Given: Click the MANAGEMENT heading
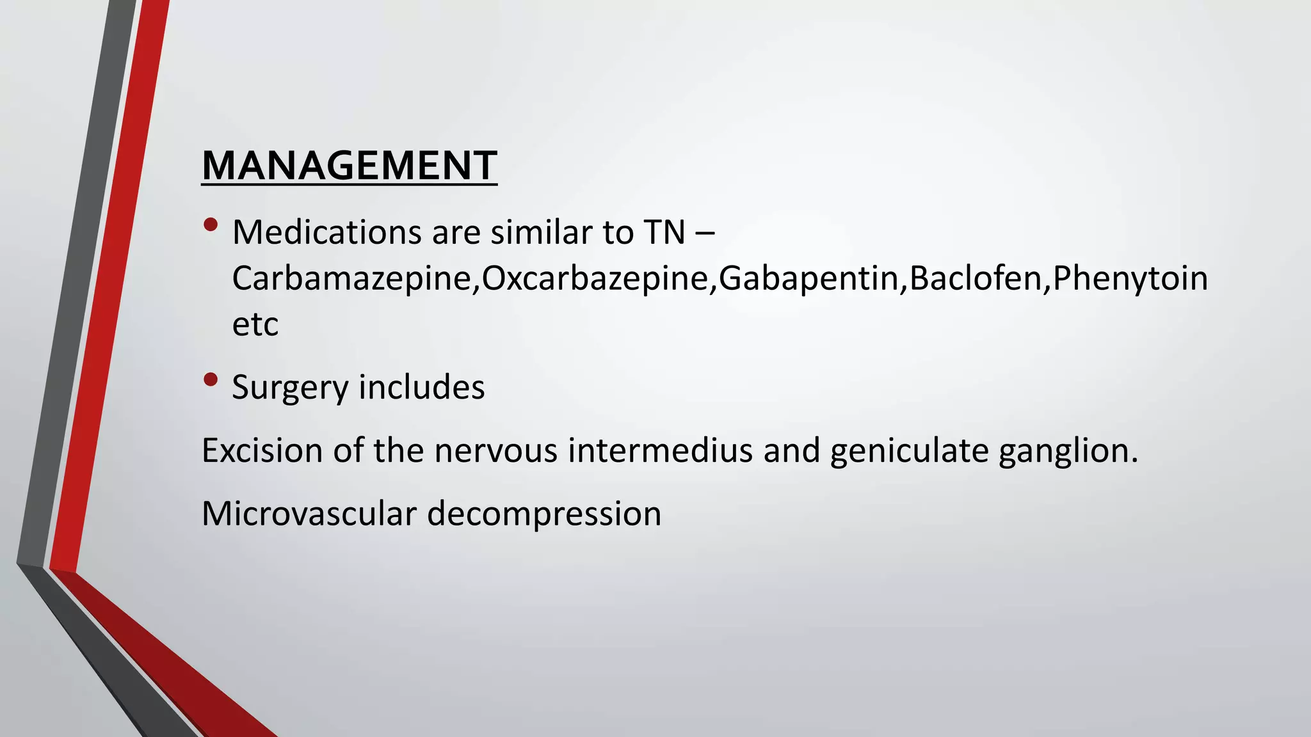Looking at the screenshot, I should point(349,166).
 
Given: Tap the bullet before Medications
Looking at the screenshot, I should point(211,225).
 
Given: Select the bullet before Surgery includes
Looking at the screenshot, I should point(211,380).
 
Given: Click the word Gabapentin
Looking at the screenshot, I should point(808,278).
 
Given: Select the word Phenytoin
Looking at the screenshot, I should point(1130,278).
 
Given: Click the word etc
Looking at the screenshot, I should point(255,324).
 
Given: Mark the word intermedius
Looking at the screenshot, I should point(660,450).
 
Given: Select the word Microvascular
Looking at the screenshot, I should point(309,514).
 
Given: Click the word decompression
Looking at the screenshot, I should point(544,514).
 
